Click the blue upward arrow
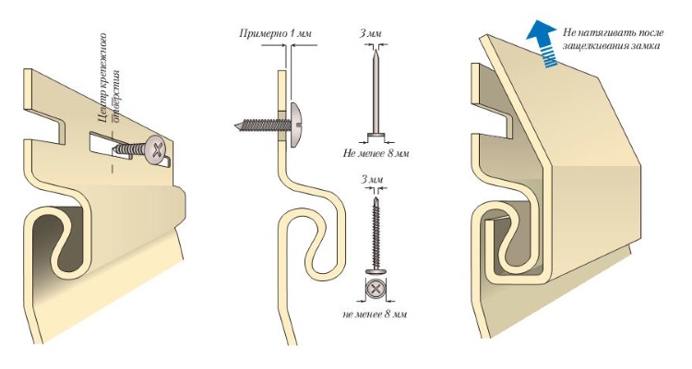point(543,44)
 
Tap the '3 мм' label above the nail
point(370,33)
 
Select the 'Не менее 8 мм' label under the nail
point(376,154)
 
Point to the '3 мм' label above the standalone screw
point(372,179)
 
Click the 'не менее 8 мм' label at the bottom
point(375,315)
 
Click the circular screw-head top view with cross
point(376,290)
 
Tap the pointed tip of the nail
point(375,50)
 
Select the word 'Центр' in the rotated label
point(103,108)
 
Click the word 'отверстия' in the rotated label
point(116,95)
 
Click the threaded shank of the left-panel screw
point(129,149)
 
